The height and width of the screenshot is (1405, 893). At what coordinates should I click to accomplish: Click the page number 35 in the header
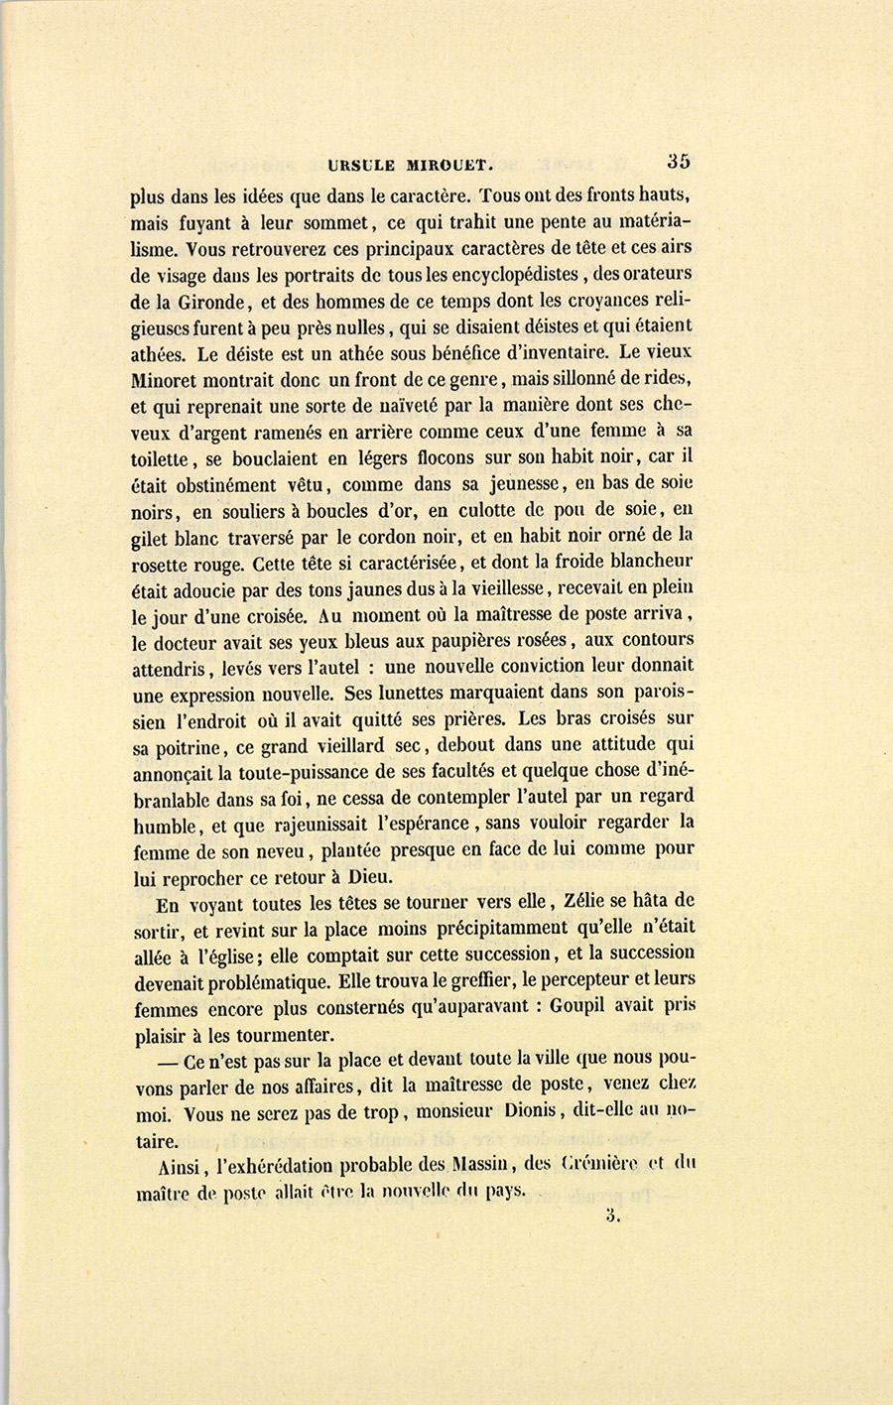[x=679, y=161]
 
